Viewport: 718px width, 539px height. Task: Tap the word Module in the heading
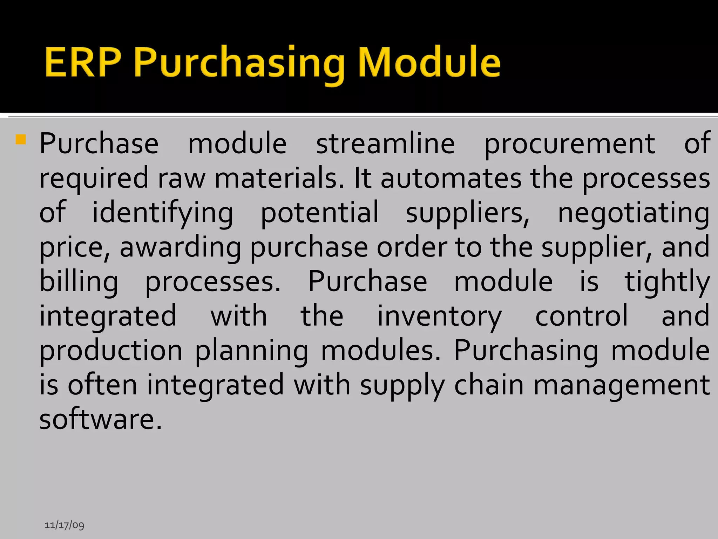[429, 62]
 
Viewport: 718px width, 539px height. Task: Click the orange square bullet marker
[21, 140]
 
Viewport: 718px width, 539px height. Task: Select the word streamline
[385, 144]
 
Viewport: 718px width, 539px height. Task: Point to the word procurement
[569, 144]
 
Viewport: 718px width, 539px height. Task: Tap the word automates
[451, 178]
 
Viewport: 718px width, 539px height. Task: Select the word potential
[319, 213]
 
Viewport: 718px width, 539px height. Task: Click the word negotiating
[634, 213]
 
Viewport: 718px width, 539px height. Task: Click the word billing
[79, 282]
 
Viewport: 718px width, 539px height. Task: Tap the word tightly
[667, 282]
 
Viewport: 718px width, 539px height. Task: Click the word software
[101, 419]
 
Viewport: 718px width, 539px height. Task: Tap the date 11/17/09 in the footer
[65, 525]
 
